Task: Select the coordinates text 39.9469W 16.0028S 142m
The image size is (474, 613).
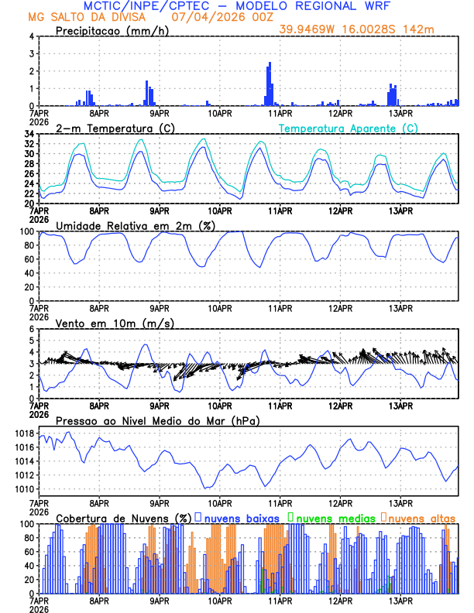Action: pos(367,29)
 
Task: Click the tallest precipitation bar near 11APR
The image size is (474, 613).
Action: pos(270,84)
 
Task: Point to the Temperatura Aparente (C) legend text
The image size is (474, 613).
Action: pos(348,128)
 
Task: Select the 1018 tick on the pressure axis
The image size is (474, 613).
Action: pos(23,433)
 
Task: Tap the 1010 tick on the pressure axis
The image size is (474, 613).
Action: pos(23,489)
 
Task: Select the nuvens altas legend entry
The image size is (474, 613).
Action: pos(421,517)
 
